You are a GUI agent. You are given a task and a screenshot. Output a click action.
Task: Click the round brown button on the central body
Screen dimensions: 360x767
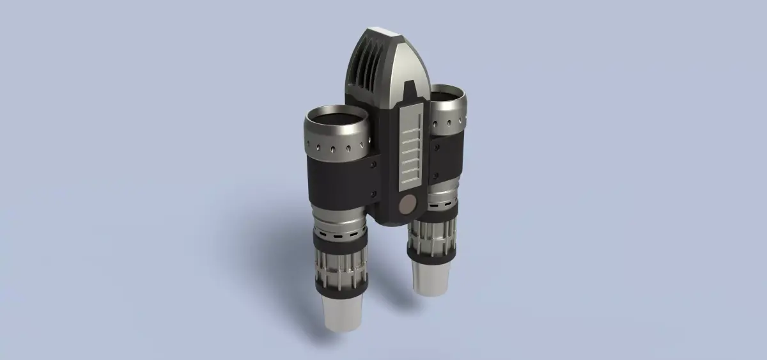tap(406, 205)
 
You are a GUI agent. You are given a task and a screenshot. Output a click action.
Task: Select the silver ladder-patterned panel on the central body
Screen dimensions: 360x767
tap(410, 148)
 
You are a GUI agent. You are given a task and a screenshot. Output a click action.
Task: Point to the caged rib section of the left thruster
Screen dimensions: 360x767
tap(340, 269)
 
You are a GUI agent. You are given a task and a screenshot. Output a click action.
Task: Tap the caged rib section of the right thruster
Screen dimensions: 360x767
tap(431, 236)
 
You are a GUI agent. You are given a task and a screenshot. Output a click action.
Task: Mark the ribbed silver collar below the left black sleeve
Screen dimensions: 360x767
tap(339, 217)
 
